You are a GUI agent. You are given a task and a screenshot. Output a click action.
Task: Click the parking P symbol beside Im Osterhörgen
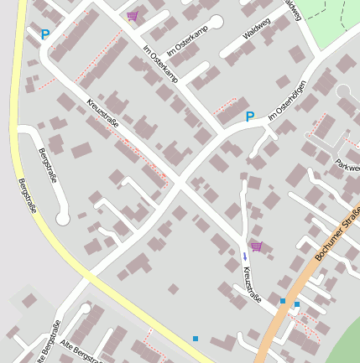248,117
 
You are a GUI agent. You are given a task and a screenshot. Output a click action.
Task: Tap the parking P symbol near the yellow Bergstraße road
44,35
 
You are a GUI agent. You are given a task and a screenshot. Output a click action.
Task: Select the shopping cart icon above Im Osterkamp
133,16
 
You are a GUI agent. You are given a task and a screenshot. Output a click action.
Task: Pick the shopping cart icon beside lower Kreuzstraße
256,246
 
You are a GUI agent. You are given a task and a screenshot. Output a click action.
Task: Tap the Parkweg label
347,166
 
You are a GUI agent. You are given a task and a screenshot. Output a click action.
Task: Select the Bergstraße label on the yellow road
26,194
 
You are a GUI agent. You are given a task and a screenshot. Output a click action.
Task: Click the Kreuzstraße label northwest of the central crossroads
102,115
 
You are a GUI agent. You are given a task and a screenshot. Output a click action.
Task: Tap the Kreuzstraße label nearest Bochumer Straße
252,284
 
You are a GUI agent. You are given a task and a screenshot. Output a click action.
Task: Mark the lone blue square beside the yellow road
196,339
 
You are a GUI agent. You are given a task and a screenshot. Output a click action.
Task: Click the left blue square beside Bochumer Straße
283,300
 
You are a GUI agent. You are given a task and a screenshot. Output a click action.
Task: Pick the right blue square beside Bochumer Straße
297,304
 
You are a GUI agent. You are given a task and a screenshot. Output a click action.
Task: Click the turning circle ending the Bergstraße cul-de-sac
62,219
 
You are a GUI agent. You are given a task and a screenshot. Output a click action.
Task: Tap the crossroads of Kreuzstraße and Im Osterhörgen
179,181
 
